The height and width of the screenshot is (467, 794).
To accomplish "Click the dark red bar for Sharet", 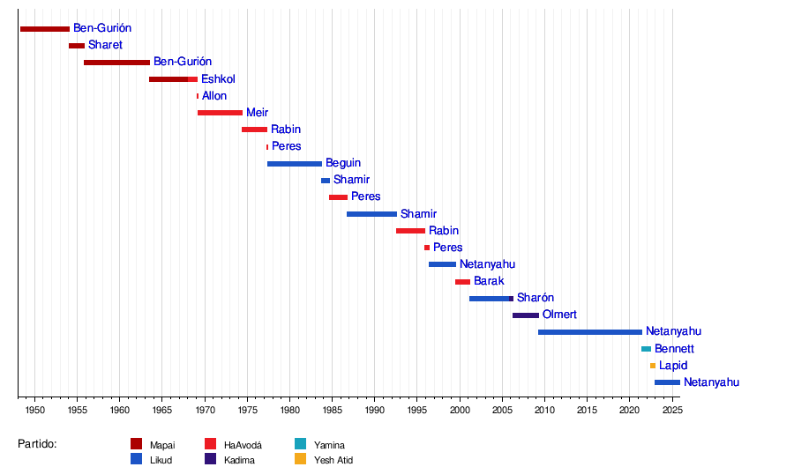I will (x=77, y=46).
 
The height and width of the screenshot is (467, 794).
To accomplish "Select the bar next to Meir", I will (x=220, y=113).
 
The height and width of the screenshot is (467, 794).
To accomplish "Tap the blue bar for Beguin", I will (x=295, y=164).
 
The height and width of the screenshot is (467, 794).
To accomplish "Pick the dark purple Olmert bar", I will (x=526, y=315).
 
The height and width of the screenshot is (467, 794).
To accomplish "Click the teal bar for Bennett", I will (x=646, y=349).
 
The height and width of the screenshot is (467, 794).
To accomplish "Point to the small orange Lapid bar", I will (x=653, y=366).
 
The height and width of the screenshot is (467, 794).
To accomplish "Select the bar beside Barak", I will (x=462, y=282).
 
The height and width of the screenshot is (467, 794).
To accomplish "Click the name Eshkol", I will (x=218, y=79).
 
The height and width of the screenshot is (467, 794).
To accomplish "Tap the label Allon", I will (x=214, y=96).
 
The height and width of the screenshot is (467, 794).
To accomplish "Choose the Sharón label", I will (x=536, y=298).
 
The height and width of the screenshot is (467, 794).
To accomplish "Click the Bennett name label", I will (x=674, y=349).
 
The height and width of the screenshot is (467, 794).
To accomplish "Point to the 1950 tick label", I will (x=34, y=411).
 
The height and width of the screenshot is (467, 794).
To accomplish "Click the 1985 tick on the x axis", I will (x=332, y=411).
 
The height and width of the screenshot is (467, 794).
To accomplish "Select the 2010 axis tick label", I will (x=544, y=411).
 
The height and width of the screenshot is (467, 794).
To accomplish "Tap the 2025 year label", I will (x=671, y=411).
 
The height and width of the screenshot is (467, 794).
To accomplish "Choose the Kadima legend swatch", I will (x=211, y=459).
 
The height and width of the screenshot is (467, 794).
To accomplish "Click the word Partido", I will (x=37, y=444).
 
